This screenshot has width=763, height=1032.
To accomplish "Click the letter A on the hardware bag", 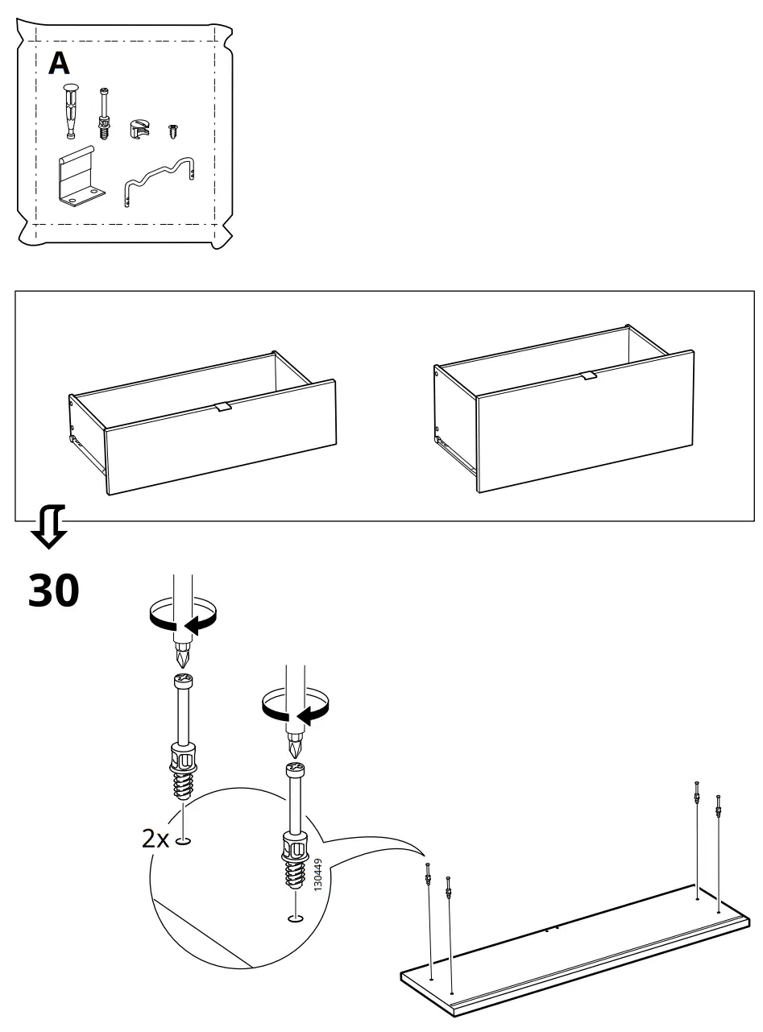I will (59, 63).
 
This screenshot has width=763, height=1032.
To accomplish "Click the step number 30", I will (54, 590).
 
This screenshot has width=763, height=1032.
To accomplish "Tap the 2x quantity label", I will (156, 839).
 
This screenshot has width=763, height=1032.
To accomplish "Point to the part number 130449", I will (317, 874).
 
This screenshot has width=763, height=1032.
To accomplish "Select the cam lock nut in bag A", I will (140, 128).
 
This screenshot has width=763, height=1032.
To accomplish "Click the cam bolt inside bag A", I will (103, 114).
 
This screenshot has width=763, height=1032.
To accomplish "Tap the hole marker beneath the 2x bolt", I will (184, 842).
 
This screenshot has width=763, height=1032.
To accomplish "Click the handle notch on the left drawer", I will (222, 407).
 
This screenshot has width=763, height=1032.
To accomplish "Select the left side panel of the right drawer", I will (456, 423).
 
